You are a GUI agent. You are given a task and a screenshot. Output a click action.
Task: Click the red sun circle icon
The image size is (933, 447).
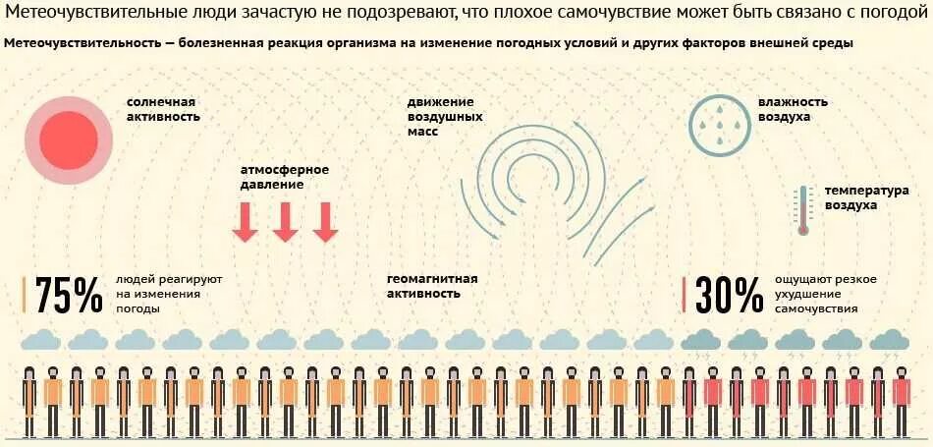click(69, 139)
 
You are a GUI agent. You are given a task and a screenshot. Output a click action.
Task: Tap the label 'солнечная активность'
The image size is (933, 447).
click(163, 109)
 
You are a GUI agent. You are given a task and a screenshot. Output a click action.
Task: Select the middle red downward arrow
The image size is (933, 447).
click(285, 222)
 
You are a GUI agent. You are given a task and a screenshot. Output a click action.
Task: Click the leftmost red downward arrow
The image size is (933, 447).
click(245, 222)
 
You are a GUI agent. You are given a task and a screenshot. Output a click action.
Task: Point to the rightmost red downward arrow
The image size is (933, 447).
click(325, 222)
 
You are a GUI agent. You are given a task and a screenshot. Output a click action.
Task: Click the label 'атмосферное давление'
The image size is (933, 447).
click(285, 177)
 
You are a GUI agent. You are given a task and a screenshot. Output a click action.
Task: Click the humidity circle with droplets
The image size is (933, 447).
click(718, 124)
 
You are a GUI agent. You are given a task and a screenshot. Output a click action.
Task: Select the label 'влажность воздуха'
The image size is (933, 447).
click(792, 109)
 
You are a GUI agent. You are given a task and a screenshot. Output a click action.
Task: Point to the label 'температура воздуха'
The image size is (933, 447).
click(866, 198)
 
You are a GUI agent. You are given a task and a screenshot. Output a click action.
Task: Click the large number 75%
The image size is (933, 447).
click(69, 294)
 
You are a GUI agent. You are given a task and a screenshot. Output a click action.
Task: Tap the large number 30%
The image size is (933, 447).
click(729, 294)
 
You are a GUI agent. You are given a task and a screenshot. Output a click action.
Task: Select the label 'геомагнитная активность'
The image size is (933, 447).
click(432, 286)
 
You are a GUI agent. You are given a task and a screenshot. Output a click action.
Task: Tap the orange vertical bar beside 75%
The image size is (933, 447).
click(25, 295)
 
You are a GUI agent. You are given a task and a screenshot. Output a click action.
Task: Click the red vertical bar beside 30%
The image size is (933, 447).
click(685, 295)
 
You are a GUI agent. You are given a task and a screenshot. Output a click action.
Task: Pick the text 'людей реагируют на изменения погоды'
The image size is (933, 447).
click(168, 294)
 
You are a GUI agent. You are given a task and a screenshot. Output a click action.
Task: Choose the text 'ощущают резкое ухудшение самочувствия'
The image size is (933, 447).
click(825, 294)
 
